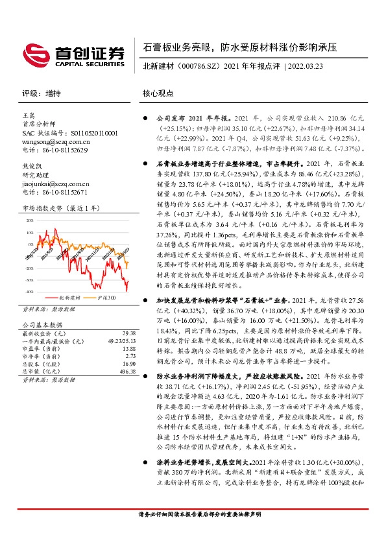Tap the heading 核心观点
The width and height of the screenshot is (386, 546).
[158, 93]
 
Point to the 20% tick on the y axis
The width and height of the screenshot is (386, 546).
[30, 220]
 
